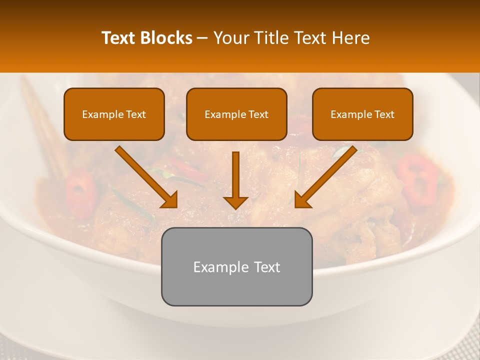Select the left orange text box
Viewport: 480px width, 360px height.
pos(114,114)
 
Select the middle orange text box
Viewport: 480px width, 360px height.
pos(236,114)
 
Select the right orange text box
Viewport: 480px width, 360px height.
pos(362,114)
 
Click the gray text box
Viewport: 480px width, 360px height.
pos(236,266)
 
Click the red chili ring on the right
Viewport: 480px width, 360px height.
pos(417,179)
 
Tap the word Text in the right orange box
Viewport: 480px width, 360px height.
pos(384,114)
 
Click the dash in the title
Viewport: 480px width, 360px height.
pos(203,38)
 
